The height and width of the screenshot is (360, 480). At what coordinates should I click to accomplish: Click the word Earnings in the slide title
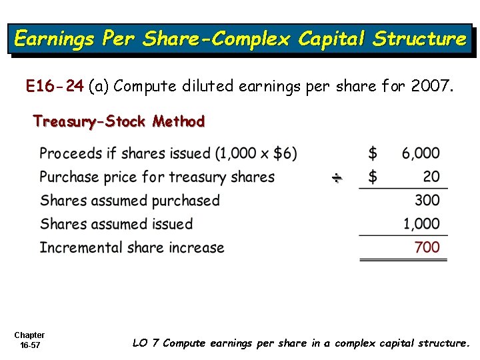click(54, 39)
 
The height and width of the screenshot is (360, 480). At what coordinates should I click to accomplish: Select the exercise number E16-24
click(55, 85)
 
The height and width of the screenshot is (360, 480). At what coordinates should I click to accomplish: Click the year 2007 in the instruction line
click(432, 85)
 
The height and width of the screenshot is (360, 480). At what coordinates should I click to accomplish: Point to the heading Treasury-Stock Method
click(119, 121)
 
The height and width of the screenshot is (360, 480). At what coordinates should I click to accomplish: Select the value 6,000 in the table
click(421, 153)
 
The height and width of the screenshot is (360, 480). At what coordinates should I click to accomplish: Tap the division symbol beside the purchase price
click(337, 177)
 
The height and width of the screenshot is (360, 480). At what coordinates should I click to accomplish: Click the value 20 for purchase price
click(431, 177)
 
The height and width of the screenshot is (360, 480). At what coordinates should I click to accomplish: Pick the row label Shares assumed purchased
click(129, 200)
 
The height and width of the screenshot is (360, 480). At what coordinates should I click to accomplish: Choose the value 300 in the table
click(427, 200)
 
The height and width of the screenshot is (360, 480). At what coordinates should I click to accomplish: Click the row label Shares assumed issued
click(116, 224)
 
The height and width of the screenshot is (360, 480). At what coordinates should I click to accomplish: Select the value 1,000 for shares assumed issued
click(421, 224)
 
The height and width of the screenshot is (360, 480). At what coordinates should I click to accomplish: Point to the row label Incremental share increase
click(132, 247)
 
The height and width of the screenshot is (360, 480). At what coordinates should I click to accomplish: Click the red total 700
click(427, 247)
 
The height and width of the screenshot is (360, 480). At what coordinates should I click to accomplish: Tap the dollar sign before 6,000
click(373, 153)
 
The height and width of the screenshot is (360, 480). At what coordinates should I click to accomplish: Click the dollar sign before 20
click(373, 177)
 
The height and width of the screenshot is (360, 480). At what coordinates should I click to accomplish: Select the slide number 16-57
click(29, 346)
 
